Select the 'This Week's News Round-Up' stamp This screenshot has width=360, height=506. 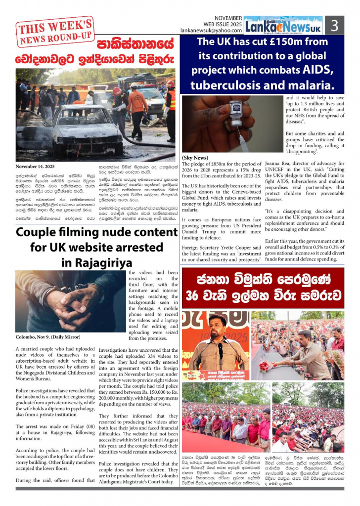point(55,31)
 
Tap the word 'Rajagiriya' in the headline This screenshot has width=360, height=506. point(97,262)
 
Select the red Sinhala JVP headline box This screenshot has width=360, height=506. point(263,289)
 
